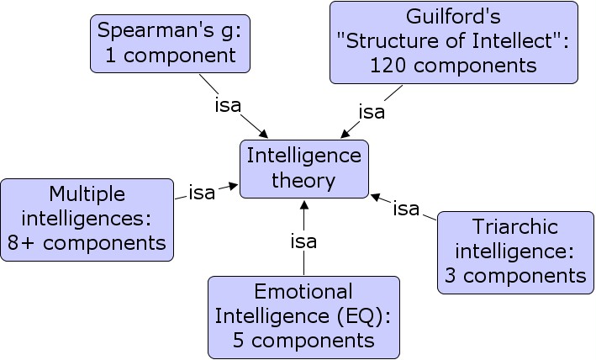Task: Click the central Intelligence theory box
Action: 303,168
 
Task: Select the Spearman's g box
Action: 166,43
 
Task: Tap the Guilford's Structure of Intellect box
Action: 454,42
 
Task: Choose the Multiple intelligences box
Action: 87,219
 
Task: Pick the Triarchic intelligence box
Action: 515,251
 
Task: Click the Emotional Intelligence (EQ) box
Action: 303,315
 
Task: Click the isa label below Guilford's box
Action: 372,111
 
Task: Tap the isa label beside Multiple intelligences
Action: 202,193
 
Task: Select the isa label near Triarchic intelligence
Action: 406,209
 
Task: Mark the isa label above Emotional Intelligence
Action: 303,242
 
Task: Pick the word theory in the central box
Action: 303,180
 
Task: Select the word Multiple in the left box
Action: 87,194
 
